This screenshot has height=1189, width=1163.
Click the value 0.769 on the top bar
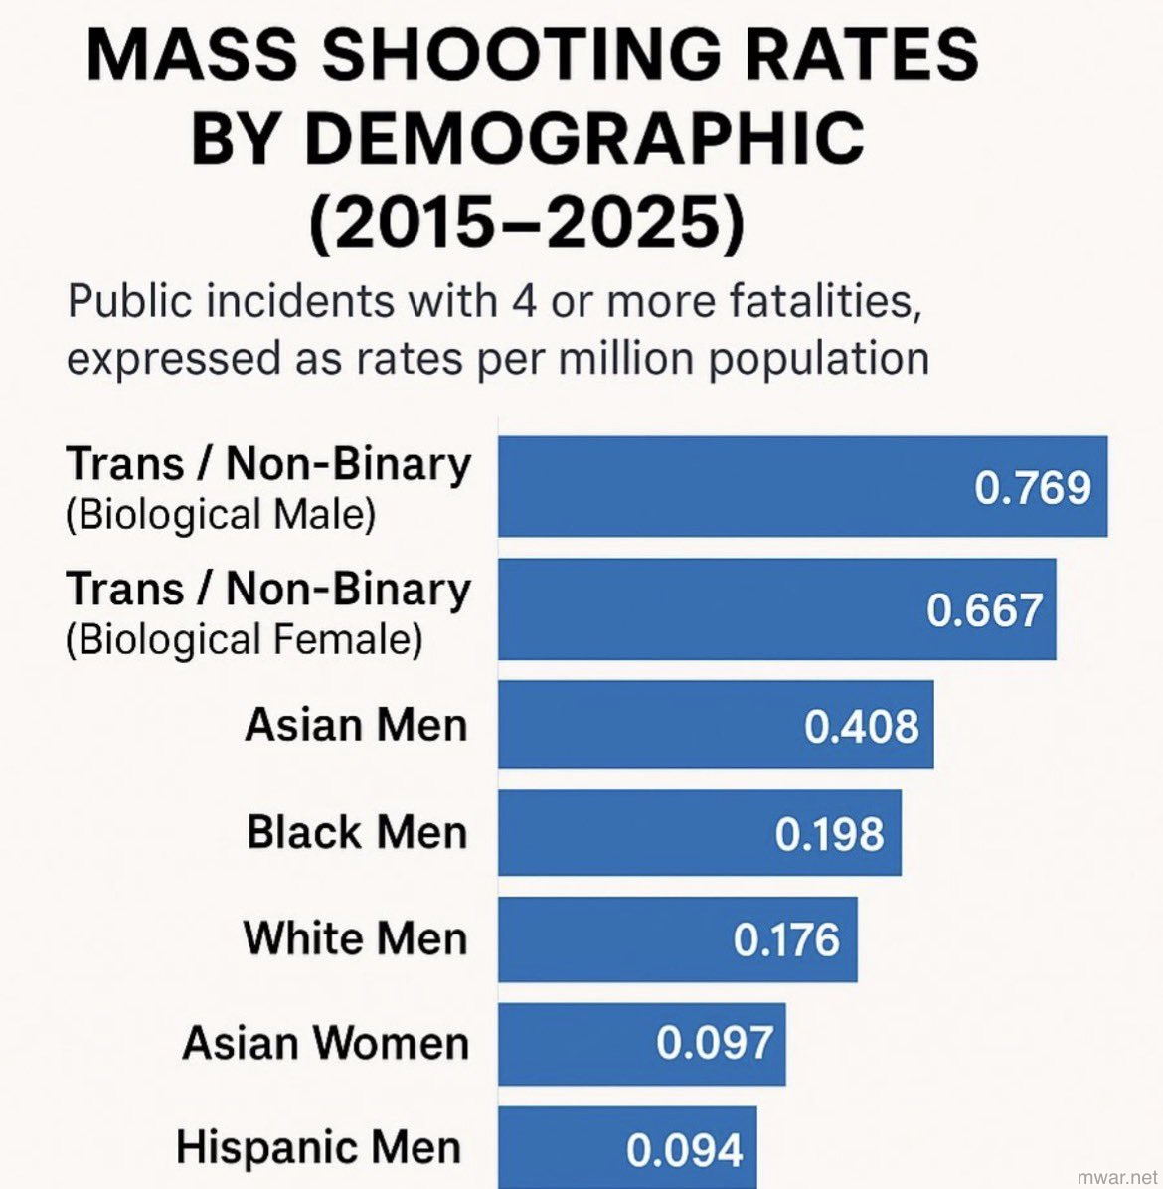coord(1033,487)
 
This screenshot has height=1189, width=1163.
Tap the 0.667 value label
coord(984,609)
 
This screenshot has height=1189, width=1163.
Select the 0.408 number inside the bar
coord(862,727)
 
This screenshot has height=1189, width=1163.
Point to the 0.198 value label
coord(830,834)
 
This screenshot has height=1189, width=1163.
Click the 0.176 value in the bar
coord(786,939)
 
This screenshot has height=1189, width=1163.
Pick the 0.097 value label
coord(715,1043)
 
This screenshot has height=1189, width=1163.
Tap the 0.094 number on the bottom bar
coord(685,1150)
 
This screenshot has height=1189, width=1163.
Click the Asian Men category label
coord(356,725)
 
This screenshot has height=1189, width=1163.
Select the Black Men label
coord(357,832)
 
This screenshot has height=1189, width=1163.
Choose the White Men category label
coord(355,937)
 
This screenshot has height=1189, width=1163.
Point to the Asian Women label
coord(325,1043)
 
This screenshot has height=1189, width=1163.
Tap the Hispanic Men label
coord(319,1147)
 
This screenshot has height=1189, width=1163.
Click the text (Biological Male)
coord(221,515)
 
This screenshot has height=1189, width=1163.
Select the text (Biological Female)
coord(245,639)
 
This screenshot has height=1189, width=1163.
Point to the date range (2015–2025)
coord(527,224)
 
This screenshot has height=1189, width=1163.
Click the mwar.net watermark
coord(1116,1175)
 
